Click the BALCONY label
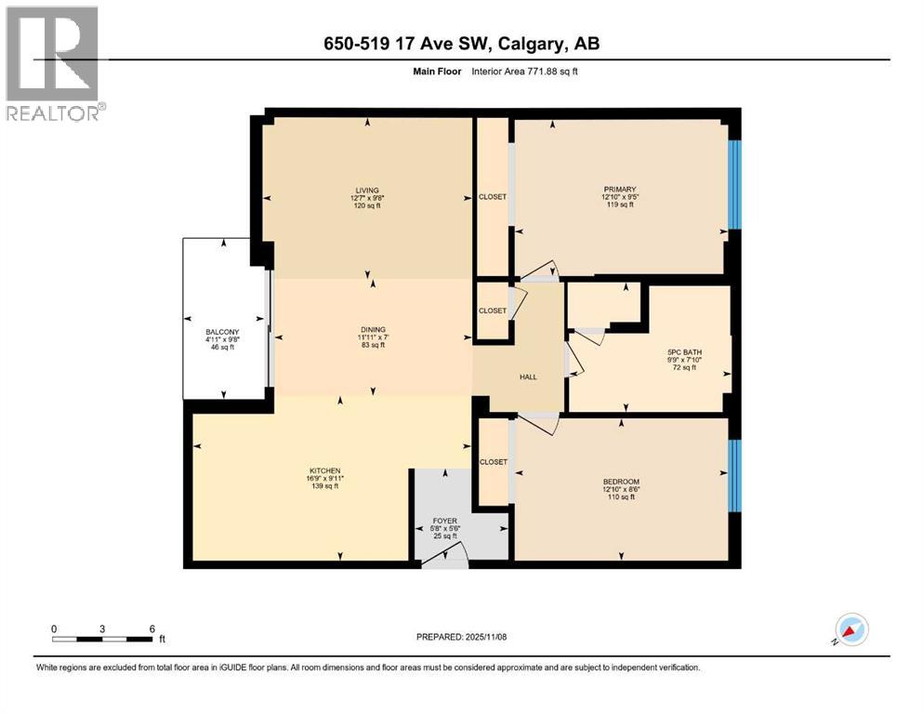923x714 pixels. (x=223, y=332)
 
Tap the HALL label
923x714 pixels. (x=527, y=377)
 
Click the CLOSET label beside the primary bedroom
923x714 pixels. (x=493, y=197)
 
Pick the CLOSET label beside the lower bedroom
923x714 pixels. (x=493, y=462)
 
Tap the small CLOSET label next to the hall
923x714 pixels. (x=493, y=311)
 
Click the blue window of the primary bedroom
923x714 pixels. (x=734, y=184)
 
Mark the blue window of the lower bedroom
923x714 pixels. (x=734, y=475)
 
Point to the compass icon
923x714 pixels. (x=850, y=630)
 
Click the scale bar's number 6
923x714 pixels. (x=152, y=628)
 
